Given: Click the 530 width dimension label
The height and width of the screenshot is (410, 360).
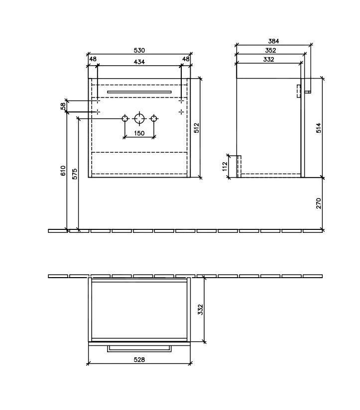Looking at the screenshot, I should [139, 51].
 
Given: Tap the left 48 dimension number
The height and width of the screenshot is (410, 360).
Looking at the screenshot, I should [93, 59].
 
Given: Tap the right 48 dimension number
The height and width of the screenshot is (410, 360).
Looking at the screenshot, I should [186, 59].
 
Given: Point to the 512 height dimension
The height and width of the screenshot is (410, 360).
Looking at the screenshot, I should [197, 128].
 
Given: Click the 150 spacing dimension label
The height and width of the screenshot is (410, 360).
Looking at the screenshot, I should [139, 133].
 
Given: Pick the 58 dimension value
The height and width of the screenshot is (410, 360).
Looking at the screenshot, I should [63, 106].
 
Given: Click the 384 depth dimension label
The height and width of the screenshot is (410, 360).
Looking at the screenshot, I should [273, 41].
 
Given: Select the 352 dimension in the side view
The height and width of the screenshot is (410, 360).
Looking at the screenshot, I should [270, 51].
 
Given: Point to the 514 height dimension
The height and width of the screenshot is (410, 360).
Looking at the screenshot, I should [319, 128].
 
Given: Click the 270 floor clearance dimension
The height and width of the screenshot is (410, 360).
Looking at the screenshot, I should [319, 203].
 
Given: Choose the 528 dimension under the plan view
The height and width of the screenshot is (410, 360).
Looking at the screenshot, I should [139, 359].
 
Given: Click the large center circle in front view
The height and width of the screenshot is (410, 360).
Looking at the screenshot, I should [139, 118].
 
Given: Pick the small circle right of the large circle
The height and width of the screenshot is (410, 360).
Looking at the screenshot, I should [154, 118].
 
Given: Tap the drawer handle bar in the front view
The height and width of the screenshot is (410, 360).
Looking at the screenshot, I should [139, 92].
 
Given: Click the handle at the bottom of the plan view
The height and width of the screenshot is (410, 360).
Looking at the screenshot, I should [139, 348].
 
